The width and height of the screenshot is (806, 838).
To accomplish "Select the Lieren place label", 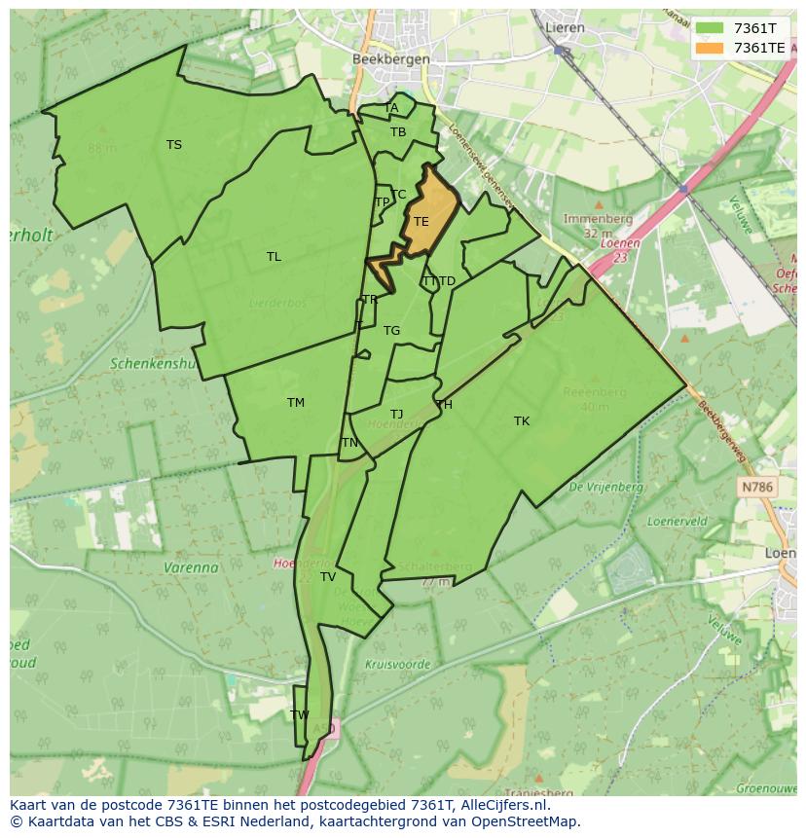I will pyautogui.click(x=565, y=27).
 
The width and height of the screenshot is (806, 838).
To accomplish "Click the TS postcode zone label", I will pyautogui.click(x=173, y=145).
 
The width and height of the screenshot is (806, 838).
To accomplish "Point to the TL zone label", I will pyautogui.click(x=274, y=257).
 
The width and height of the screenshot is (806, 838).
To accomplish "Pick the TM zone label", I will pyautogui.click(x=296, y=403).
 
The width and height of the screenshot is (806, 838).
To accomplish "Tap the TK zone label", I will pyautogui.click(x=522, y=421).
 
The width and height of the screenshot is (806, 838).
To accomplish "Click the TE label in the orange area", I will pyautogui.click(x=421, y=222).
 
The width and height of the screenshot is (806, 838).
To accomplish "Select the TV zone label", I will pyautogui.click(x=328, y=577).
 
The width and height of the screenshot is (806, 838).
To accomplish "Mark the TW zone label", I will pyautogui.click(x=300, y=714).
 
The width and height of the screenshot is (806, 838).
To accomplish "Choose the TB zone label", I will pyautogui.click(x=398, y=132).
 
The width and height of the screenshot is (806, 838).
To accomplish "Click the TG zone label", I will pyautogui.click(x=391, y=331).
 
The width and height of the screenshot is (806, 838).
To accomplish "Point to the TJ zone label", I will pyautogui.click(x=396, y=415).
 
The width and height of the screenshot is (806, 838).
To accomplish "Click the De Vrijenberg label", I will pyautogui.click(x=605, y=486).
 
